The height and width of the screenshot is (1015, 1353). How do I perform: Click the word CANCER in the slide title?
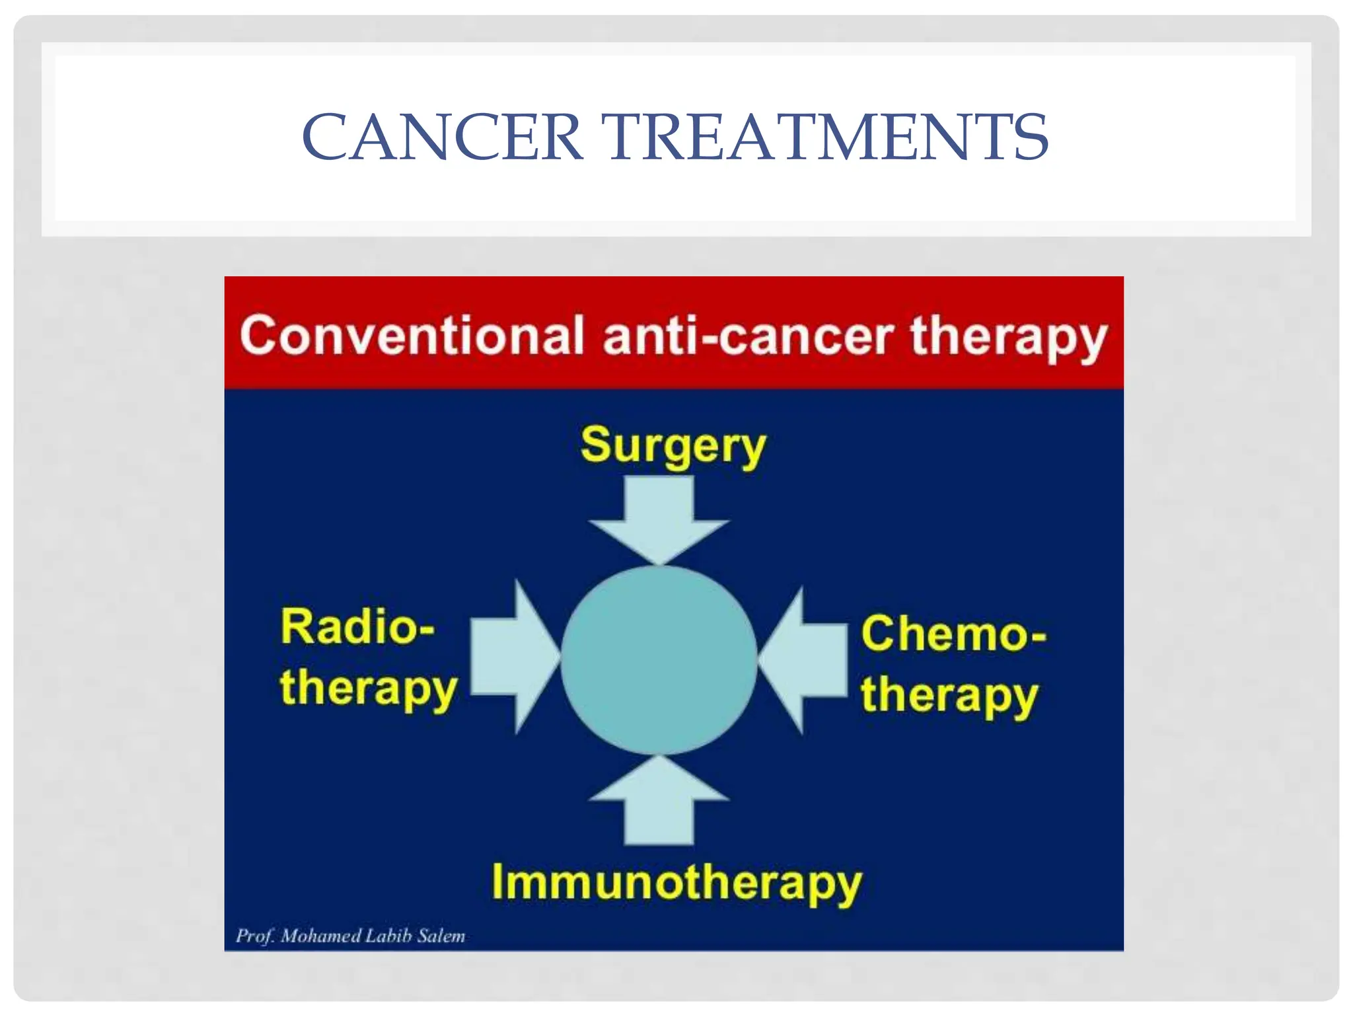pyautogui.click(x=441, y=137)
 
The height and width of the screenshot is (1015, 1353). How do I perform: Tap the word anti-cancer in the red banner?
pyautogui.click(x=749, y=336)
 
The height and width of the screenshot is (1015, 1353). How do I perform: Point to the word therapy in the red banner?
pyautogui.click(x=1007, y=338)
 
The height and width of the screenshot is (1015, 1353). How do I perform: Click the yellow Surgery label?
pyautogui.click(x=673, y=445)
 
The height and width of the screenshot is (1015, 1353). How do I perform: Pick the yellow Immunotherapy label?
pyautogui.click(x=676, y=883)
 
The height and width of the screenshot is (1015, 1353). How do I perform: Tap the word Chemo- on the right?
pyautogui.click(x=953, y=634)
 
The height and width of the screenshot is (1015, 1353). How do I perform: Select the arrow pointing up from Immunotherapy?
pyautogui.click(x=659, y=803)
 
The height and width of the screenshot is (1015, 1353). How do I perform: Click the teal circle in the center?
pyautogui.click(x=659, y=659)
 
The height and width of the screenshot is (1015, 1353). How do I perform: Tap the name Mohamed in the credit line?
pyautogui.click(x=320, y=936)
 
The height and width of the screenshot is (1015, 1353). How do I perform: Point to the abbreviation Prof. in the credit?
pyautogui.click(x=254, y=936)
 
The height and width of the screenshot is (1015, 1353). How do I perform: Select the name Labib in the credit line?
pyautogui.click(x=388, y=936)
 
